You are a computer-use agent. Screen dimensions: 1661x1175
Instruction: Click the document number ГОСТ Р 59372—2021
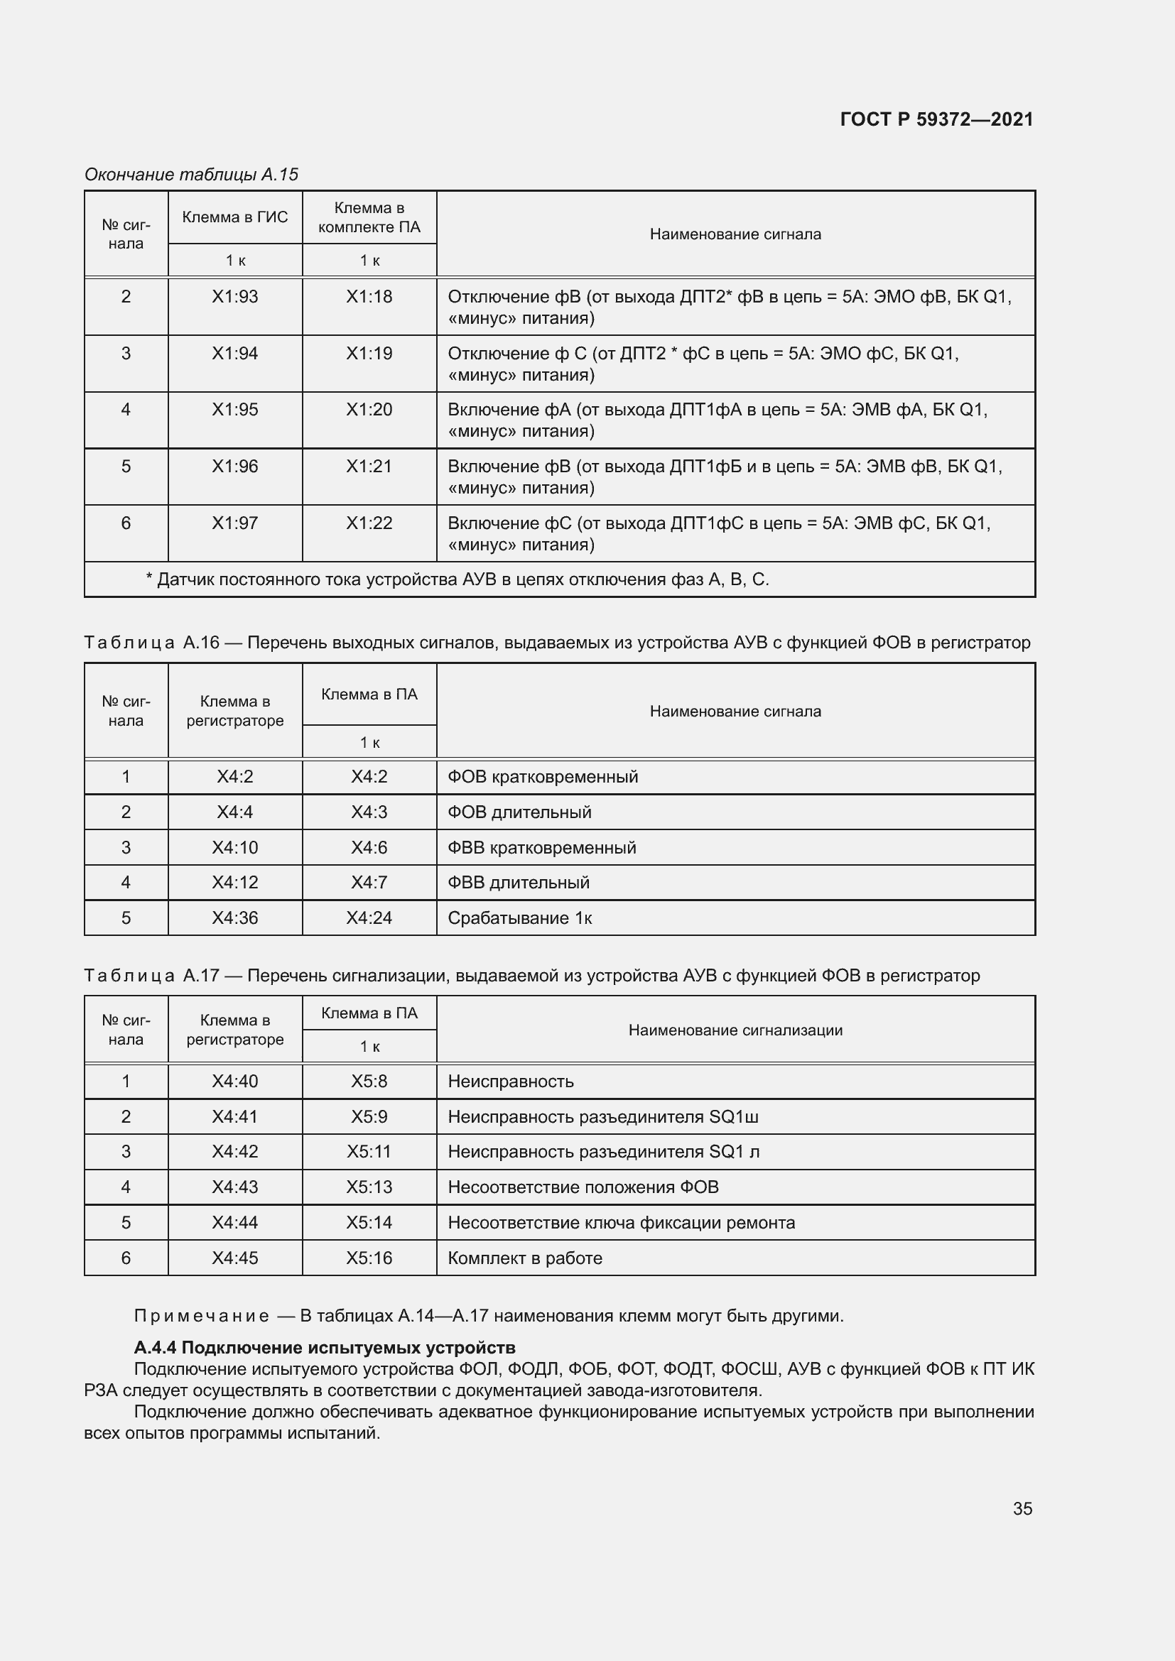pos(936,119)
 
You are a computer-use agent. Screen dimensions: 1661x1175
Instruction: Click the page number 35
pos(1022,1508)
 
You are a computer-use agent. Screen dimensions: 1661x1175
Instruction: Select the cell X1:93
pos(234,297)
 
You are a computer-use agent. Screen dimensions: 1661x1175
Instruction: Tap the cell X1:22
pos(369,523)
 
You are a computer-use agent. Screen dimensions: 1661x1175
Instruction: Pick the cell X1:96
pos(234,467)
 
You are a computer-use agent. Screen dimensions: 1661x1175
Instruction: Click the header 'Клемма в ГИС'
pos(234,217)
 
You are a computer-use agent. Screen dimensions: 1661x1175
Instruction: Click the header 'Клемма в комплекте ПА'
pos(369,218)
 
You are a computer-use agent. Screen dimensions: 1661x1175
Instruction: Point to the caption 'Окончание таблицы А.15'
pos(191,175)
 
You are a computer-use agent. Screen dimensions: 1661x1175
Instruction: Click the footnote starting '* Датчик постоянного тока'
pos(457,579)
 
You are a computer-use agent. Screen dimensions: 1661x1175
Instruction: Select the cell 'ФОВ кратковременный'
pos(543,777)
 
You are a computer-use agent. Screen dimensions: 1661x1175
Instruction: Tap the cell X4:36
pos(234,918)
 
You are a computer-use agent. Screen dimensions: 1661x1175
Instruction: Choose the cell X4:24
pos(369,918)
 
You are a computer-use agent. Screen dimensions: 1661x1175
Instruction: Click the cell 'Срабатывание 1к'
pos(519,918)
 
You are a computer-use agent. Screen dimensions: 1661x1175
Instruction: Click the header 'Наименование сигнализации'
pos(735,1030)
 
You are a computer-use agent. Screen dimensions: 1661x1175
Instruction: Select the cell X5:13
pos(369,1187)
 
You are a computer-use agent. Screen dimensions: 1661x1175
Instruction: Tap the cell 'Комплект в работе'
pos(524,1258)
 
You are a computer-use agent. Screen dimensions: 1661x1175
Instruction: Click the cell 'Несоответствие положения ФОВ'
pos(583,1187)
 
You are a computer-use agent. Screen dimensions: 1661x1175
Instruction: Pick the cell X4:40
pos(234,1082)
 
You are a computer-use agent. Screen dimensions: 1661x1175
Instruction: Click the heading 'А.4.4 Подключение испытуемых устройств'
pos(325,1348)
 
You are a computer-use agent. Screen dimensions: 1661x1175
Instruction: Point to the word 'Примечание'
pos(202,1316)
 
